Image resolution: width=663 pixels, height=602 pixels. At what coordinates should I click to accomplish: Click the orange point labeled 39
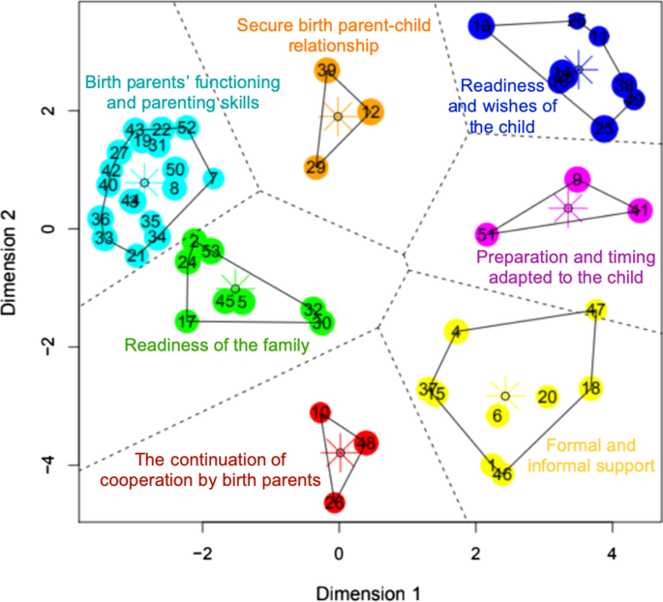(x=326, y=70)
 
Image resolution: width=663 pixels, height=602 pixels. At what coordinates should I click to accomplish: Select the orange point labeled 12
(x=370, y=112)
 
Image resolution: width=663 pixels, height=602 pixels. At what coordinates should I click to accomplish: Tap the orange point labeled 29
(x=316, y=167)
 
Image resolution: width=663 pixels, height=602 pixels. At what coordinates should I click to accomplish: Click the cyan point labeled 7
(x=212, y=179)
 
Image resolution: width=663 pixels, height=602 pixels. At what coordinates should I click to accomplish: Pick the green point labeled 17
(x=187, y=320)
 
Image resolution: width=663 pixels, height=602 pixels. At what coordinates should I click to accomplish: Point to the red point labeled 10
(x=321, y=413)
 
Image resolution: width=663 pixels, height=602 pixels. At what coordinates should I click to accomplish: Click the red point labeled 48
(x=365, y=443)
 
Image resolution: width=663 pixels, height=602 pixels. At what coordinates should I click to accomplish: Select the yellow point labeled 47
(x=596, y=311)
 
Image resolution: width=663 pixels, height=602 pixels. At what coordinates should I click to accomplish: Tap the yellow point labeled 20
(x=547, y=397)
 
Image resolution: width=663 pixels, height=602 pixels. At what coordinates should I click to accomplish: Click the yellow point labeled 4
(x=455, y=332)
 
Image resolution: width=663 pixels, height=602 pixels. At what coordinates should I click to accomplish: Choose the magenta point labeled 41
(x=640, y=210)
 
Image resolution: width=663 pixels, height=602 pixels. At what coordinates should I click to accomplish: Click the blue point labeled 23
(x=604, y=128)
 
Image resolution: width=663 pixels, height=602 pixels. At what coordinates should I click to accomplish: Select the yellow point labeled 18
(x=591, y=388)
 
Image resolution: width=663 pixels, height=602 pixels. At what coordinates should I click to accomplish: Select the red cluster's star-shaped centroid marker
(x=340, y=452)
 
